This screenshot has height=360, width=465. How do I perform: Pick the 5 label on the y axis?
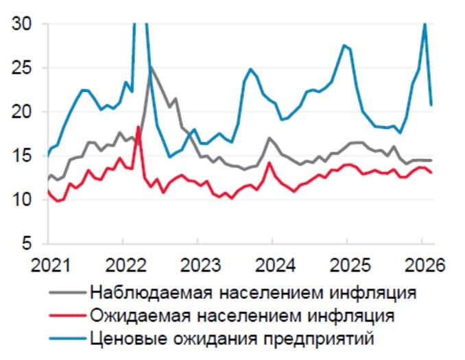point(27,244)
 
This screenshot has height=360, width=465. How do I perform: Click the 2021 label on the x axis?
point(48,265)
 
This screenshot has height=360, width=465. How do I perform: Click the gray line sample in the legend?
point(68,293)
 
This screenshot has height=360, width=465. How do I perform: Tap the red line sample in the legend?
point(68,315)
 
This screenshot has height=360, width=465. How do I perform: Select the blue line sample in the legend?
point(68,338)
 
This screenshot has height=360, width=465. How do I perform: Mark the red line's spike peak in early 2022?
point(139,127)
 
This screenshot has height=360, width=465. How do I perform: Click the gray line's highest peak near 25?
point(150,66)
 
